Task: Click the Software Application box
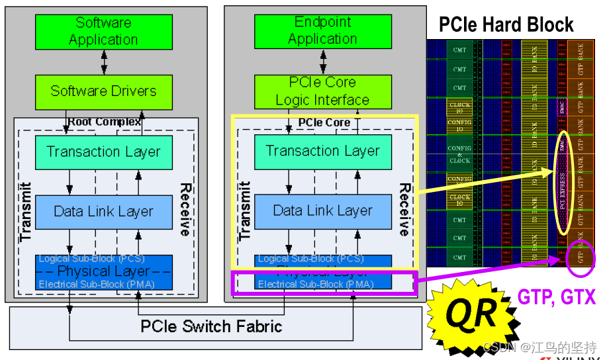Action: point(103,32)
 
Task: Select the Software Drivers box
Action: point(103,91)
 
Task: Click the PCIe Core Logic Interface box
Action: point(322,91)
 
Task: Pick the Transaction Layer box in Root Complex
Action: point(103,152)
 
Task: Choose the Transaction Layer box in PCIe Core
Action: point(322,152)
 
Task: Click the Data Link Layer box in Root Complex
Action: point(103,212)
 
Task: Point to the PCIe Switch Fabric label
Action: point(211,326)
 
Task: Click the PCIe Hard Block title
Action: point(506,25)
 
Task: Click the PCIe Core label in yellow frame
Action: point(324,122)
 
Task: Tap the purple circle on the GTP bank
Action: point(581,256)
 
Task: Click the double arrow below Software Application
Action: point(103,62)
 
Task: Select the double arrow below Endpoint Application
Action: point(322,62)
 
